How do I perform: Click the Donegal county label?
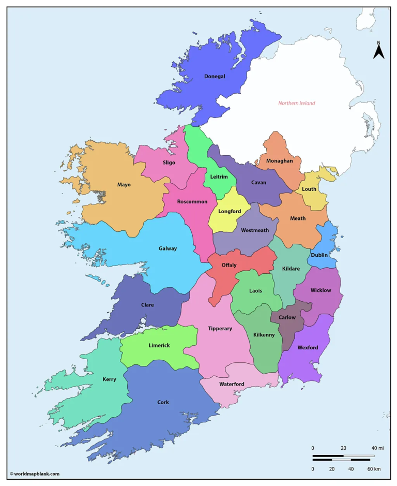click(x=215, y=77)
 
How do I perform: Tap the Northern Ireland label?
click(x=296, y=103)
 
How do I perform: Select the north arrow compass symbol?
click(x=379, y=50)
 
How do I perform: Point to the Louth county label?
click(x=309, y=189)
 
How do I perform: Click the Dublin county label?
click(x=319, y=255)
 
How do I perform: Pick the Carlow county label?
click(x=287, y=317)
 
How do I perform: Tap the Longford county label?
click(x=230, y=211)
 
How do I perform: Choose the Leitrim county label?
click(x=219, y=177)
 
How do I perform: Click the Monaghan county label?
click(x=280, y=160)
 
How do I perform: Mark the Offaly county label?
click(x=229, y=265)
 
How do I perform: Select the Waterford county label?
click(x=232, y=384)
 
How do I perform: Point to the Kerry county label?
click(x=109, y=379)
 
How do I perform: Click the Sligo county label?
click(x=169, y=163)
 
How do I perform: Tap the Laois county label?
click(x=255, y=291)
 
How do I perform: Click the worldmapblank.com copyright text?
click(x=34, y=474)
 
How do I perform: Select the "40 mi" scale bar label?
click(x=377, y=448)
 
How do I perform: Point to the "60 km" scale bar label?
click(x=374, y=469)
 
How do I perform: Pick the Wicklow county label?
click(x=320, y=290)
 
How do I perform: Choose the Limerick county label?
click(x=159, y=345)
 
